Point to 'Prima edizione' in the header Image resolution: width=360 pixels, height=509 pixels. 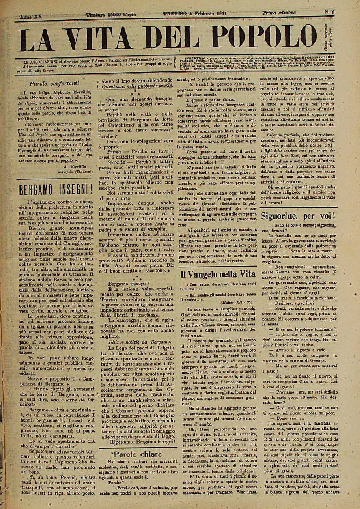[279, 13]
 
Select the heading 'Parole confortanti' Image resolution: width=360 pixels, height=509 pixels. [55, 83]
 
